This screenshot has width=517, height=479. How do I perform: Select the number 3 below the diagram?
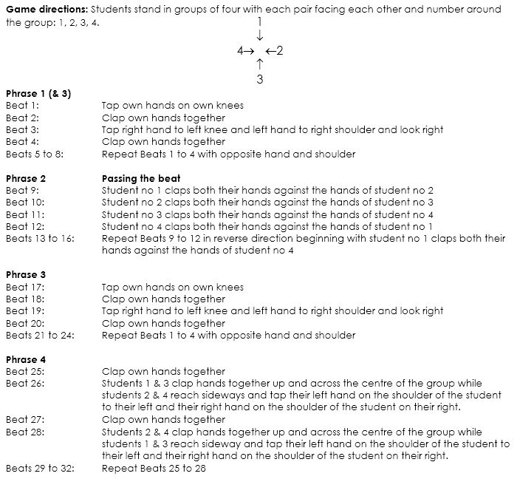click(260, 78)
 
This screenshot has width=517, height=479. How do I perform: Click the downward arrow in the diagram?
click(260, 36)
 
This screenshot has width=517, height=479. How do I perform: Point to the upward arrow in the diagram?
click(260, 64)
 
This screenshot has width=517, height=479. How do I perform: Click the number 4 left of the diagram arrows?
click(240, 51)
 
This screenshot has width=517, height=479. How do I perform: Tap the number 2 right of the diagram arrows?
click(280, 51)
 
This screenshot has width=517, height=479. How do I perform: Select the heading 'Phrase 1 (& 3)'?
click(38, 94)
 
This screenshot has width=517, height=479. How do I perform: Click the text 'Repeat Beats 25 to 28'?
click(154, 469)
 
